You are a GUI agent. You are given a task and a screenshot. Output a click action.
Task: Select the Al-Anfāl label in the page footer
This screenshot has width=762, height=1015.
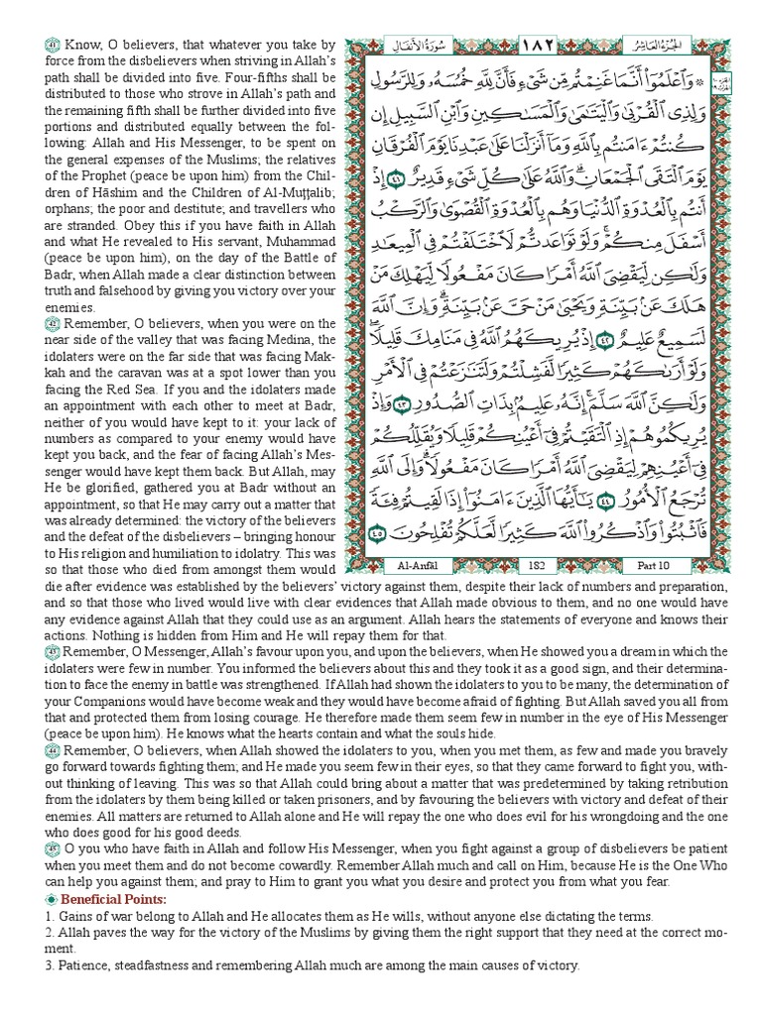coord(428,565)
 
